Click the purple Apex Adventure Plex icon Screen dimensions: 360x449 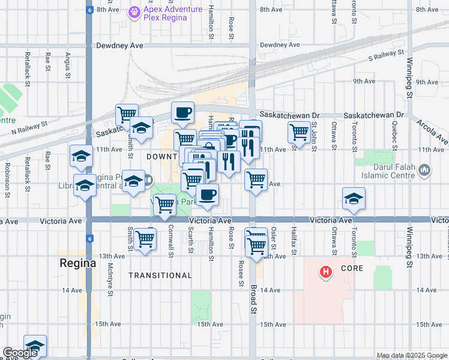pos(135,11)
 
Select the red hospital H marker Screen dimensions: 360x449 pos(326,272)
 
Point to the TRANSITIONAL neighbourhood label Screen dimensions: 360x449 pos(160,275)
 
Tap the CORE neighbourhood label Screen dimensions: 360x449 pos(352,268)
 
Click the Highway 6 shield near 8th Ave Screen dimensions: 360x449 pos(89,10)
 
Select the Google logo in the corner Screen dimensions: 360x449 pos(20,353)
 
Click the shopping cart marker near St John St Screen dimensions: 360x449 pos(299,131)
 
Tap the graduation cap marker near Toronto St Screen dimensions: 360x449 pos(354,199)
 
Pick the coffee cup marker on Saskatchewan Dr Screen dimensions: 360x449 pos(182,112)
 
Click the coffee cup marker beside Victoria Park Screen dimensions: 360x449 pos(207,195)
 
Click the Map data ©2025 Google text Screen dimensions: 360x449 pos(411,355)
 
